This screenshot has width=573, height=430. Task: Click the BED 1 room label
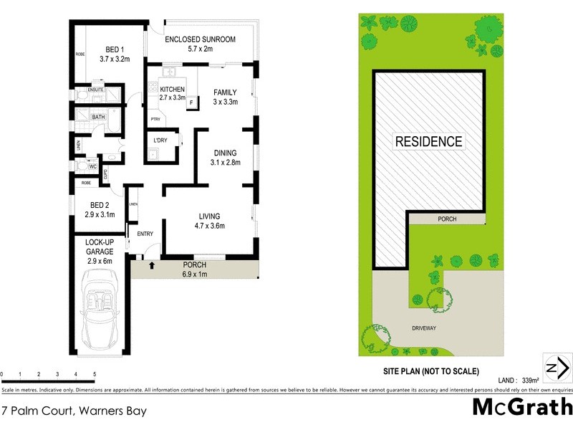[x=115, y=49]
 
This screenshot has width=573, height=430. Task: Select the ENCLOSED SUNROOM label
[x=200, y=39]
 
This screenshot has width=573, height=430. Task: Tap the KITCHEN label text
[x=172, y=88]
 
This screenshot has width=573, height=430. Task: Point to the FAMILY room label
[x=226, y=92]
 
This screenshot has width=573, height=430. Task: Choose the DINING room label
[x=225, y=153]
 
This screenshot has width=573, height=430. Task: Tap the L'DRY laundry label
[x=160, y=140]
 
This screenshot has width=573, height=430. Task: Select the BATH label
[x=98, y=117]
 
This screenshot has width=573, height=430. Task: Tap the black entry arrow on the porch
[x=151, y=267]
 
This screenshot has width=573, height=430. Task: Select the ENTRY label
[x=145, y=234]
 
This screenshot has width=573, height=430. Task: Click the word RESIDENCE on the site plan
[x=429, y=141]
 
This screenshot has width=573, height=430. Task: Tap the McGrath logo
[x=521, y=408]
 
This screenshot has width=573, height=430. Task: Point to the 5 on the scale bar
[x=95, y=375]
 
